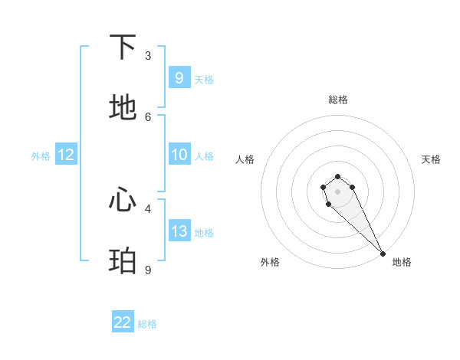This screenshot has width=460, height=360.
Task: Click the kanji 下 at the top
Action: (123, 47)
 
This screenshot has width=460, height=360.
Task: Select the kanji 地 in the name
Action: (123, 108)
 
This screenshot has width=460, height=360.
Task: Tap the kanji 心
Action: (123, 200)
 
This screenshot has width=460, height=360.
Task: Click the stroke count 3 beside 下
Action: (148, 56)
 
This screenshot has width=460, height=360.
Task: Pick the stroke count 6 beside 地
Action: (148, 116)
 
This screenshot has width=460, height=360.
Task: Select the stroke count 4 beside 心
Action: (148, 208)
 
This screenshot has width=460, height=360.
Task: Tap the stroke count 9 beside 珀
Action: (148, 270)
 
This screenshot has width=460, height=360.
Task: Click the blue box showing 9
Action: (179, 77)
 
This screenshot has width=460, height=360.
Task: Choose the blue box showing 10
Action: (179, 155)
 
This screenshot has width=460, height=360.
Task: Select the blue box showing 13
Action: (179, 231)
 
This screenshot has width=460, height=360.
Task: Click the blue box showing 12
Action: (65, 155)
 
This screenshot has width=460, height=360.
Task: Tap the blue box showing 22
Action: (123, 322)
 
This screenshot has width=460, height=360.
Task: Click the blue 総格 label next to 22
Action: (147, 324)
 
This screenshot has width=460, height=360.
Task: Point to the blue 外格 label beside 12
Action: (41, 156)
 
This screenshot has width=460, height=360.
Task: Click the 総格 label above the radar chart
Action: (338, 100)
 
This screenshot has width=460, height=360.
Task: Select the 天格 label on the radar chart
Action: (431, 159)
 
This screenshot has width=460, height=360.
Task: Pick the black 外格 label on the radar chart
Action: (270, 262)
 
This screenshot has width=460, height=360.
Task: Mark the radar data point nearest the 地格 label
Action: (383, 254)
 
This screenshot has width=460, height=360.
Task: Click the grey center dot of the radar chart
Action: (337, 191)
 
